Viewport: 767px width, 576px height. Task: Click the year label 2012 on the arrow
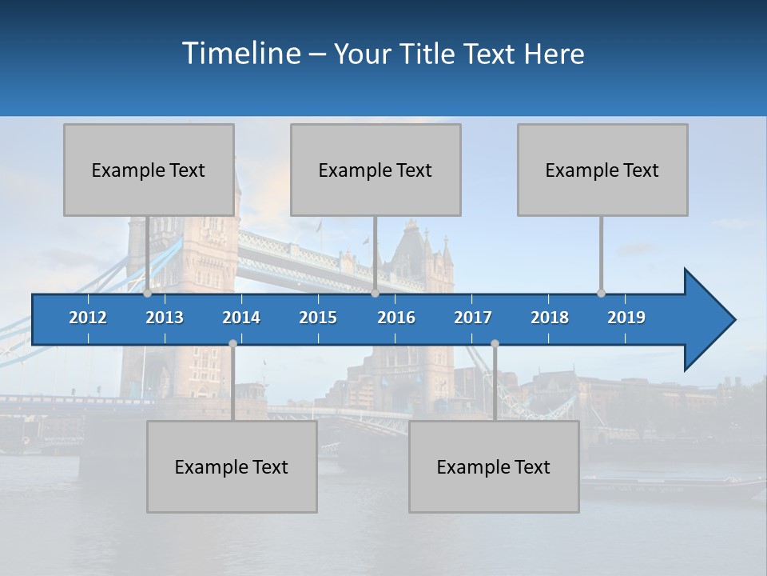coord(88,318)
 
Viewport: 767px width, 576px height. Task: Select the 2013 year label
coord(165,318)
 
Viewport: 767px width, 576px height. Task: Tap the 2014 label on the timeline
coord(241,318)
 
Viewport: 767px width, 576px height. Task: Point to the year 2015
coord(318,318)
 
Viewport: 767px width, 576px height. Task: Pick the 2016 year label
coord(396,318)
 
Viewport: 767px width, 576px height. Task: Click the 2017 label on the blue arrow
coord(473,318)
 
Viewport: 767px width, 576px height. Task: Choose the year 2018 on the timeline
coord(550,318)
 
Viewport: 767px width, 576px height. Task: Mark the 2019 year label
coord(626,318)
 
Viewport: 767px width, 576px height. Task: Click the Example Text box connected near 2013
coord(149,170)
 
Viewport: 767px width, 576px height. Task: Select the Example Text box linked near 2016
coord(376,170)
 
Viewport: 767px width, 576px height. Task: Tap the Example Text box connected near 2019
coord(602,170)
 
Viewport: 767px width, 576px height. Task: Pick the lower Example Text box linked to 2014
coord(232,466)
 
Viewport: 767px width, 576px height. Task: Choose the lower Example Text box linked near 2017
coord(494,466)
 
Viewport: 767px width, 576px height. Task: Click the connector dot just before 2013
coord(147,294)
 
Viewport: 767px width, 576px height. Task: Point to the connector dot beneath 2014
coord(232,343)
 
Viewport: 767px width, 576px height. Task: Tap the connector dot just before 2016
coord(375,294)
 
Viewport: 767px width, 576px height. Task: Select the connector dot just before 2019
coord(601,294)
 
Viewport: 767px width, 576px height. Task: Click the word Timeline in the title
coord(240,54)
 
